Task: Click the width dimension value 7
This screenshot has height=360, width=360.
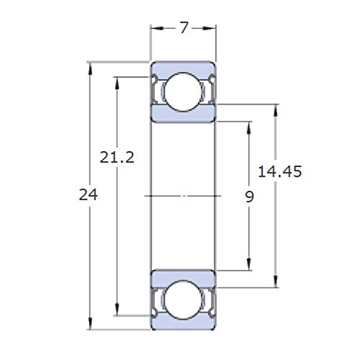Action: (x=184, y=29)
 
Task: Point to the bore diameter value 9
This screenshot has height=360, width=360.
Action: (x=249, y=195)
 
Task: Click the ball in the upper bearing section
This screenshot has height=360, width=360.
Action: (x=184, y=91)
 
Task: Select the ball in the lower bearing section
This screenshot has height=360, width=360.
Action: (x=184, y=299)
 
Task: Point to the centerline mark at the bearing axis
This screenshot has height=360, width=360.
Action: (x=184, y=195)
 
